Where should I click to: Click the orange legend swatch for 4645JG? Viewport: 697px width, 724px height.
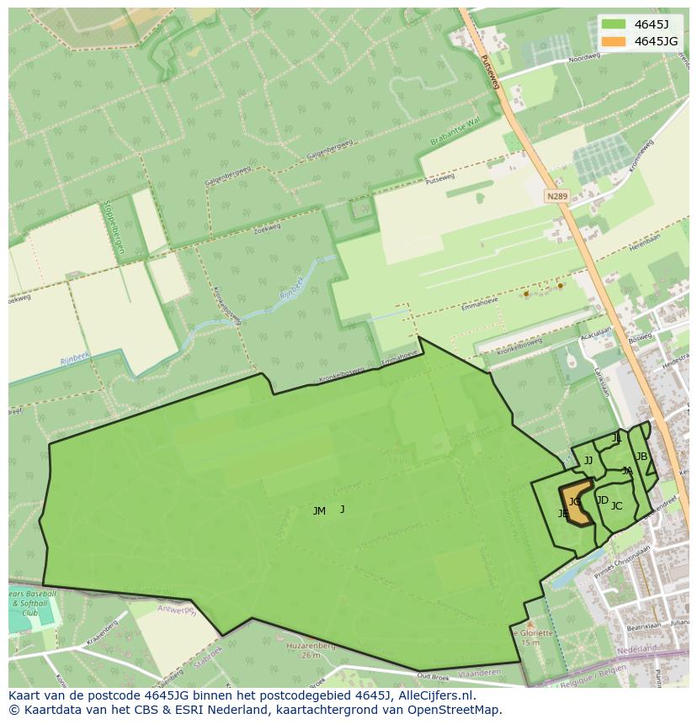(614, 41)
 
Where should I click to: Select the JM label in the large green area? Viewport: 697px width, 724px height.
(319, 511)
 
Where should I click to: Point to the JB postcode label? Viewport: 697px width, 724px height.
(641, 457)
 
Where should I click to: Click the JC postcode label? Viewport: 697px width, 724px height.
(616, 506)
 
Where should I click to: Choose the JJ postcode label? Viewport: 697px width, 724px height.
(588, 460)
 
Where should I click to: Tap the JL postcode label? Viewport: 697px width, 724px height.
(616, 438)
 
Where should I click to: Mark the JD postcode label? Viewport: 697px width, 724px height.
(602, 500)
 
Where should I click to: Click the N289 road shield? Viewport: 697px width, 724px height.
(556, 196)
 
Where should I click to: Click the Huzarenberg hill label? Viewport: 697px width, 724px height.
(311, 646)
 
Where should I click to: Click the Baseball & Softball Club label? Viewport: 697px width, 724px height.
(33, 603)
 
